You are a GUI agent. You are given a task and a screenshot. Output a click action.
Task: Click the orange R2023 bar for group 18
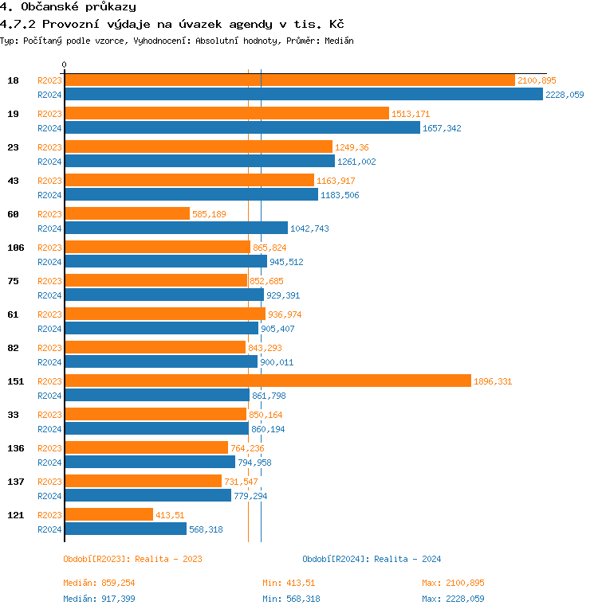pyautogui.click(x=289, y=80)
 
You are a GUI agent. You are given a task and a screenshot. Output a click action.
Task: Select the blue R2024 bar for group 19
pyautogui.click(x=242, y=128)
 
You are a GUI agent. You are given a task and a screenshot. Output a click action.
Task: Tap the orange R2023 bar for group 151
pyautogui.click(x=268, y=381)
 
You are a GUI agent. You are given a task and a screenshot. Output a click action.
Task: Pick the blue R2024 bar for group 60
pyautogui.click(x=176, y=228)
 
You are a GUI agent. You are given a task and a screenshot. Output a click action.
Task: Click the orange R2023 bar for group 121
pyautogui.click(x=108, y=515)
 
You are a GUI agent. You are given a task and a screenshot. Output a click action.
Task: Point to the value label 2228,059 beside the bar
pyautogui.click(x=565, y=95)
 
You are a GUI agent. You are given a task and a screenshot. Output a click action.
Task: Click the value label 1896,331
pyautogui.click(x=493, y=382)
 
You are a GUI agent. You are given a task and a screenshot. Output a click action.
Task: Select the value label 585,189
pyautogui.click(x=210, y=214)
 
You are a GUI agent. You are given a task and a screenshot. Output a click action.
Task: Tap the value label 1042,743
pyautogui.click(x=309, y=229)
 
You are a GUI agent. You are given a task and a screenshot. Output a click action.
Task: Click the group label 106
pyautogui.click(x=16, y=248)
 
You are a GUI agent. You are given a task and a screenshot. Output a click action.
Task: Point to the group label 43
pyautogui.click(x=14, y=181)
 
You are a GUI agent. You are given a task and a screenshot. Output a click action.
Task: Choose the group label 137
pyautogui.click(x=16, y=482)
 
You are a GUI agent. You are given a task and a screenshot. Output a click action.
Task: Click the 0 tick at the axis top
pyautogui.click(x=65, y=65)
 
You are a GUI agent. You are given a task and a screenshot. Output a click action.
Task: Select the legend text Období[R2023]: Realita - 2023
pyautogui.click(x=132, y=559)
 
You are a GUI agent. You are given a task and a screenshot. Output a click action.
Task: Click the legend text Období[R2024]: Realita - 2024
pyautogui.click(x=372, y=559)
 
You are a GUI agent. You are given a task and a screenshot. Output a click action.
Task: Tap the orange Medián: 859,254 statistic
pyautogui.click(x=104, y=584)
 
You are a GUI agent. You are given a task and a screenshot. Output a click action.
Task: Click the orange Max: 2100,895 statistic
pyautogui.click(x=453, y=584)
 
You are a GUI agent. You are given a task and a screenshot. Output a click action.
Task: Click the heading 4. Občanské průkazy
pyautogui.click(x=68, y=7)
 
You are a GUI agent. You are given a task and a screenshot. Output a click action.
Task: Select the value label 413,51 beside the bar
pyautogui.click(x=170, y=516)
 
